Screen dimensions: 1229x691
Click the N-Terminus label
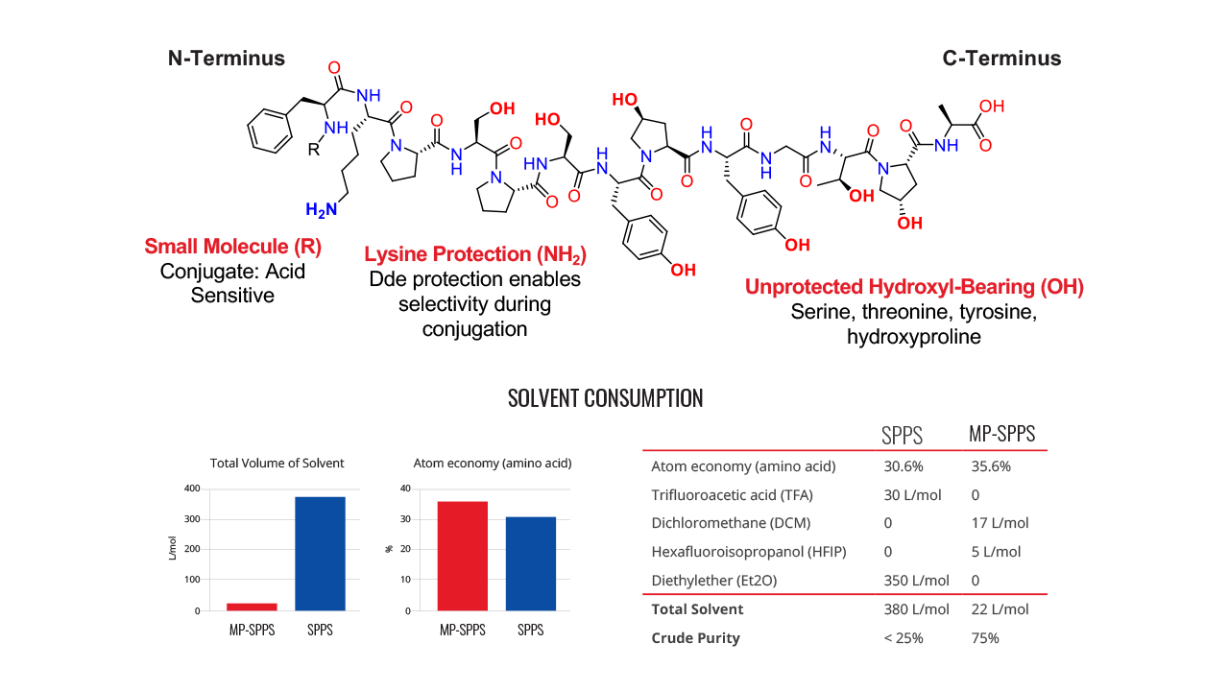click(226, 59)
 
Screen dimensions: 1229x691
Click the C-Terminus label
click(1001, 59)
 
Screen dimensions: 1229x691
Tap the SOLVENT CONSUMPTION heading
click(605, 398)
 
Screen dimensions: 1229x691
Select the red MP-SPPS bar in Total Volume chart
click(252, 607)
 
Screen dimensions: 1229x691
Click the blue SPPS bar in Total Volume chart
click(320, 554)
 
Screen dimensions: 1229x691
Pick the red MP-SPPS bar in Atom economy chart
click(463, 556)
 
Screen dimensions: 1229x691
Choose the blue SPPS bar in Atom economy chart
click(531, 563)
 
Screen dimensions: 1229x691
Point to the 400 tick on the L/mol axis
click(192, 488)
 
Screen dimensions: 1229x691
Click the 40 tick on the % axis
click(405, 488)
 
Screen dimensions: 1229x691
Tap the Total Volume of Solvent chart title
click(277, 463)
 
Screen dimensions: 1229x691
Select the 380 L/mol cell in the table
click(916, 609)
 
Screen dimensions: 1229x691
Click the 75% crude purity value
click(985, 638)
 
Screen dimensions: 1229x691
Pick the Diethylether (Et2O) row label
click(713, 581)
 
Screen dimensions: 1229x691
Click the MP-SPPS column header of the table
click(1001, 434)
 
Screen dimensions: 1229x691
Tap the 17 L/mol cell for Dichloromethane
click(1000, 523)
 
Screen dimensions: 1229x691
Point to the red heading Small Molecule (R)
click(232, 247)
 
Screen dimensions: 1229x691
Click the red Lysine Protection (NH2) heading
click(475, 255)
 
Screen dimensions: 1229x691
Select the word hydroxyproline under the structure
click(913, 336)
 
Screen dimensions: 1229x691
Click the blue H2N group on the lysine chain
click(321, 209)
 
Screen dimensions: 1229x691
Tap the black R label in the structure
click(313, 149)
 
